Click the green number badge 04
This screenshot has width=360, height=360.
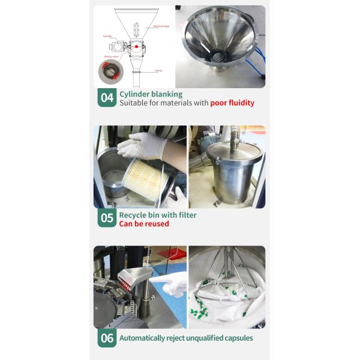point(107,98)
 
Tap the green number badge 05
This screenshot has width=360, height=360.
point(107,218)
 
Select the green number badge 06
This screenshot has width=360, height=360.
point(107,338)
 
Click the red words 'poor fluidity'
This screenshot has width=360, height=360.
point(232,103)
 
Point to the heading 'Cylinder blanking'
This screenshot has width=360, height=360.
point(151,94)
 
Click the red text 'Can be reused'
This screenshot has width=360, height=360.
point(144,224)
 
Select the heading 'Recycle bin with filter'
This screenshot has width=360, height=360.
point(158,214)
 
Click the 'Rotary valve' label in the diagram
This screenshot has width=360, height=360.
point(112,57)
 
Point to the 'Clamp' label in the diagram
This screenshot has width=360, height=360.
point(159,71)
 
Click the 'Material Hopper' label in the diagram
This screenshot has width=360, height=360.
point(161,26)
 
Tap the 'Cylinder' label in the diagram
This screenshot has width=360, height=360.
point(108,35)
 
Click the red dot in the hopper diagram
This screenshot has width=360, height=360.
point(136,46)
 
